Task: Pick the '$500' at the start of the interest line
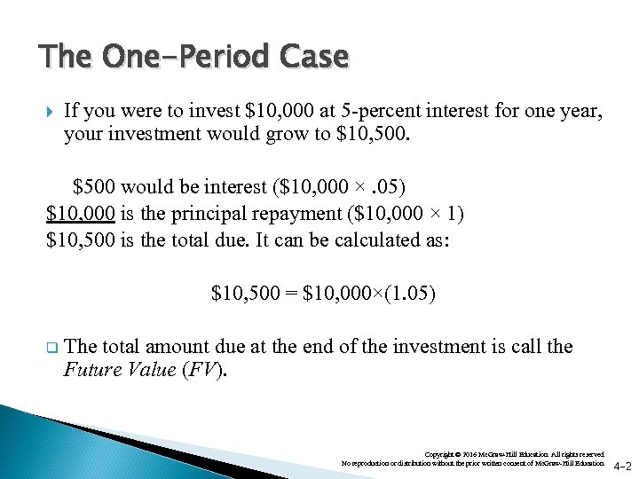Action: pos(93,187)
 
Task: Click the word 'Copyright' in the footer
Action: pos(441,453)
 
